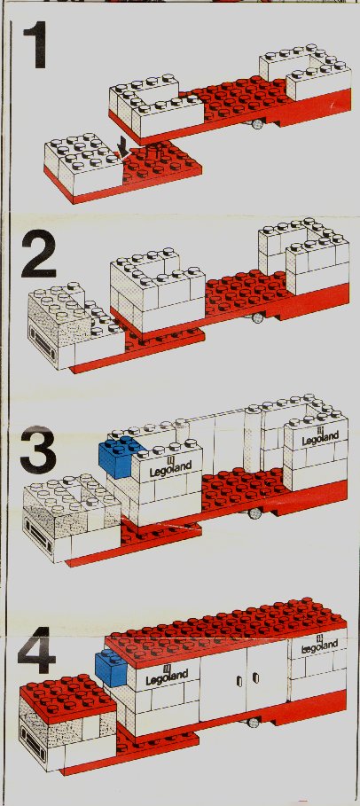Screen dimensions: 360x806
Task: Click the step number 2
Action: [x=39, y=254]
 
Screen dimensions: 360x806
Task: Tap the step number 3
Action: [x=38, y=450]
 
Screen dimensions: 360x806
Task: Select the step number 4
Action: [x=36, y=650]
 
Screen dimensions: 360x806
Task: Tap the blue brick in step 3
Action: [x=118, y=457]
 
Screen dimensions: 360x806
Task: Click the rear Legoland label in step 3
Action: [x=320, y=437]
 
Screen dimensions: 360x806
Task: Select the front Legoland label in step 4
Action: [x=167, y=677]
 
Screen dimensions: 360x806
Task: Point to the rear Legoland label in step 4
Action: [x=319, y=643]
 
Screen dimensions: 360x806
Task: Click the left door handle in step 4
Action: [x=239, y=682]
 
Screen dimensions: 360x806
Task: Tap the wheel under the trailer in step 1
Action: [x=257, y=124]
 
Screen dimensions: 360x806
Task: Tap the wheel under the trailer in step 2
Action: [x=256, y=317]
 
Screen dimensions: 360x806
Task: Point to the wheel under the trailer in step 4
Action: [x=252, y=723]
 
